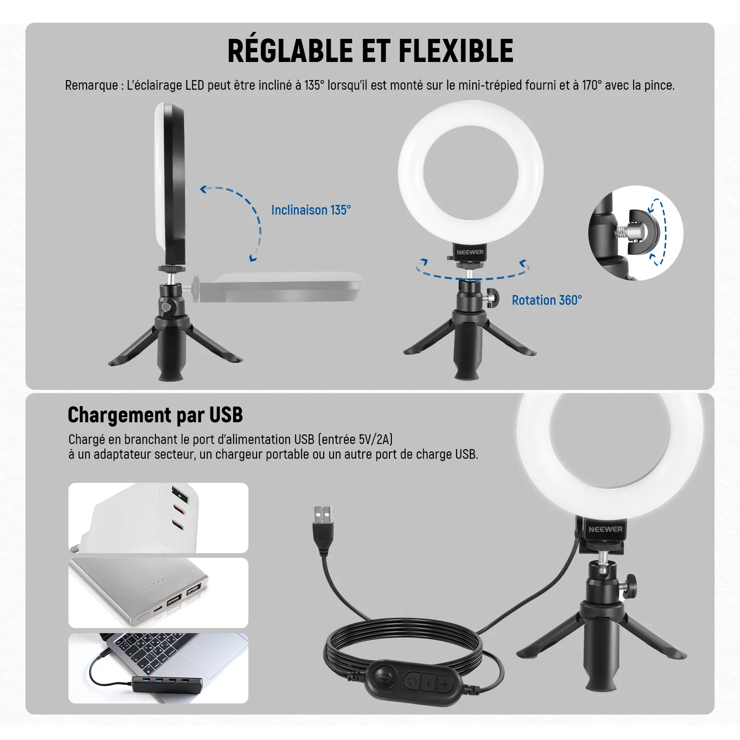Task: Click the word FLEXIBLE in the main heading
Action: [x=456, y=50]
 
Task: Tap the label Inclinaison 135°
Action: [x=311, y=210]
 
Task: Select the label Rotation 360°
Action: [x=547, y=300]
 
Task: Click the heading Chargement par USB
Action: [x=155, y=415]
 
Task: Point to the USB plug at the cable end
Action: [x=323, y=527]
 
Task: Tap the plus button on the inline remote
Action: [x=445, y=684]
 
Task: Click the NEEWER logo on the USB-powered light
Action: [x=605, y=529]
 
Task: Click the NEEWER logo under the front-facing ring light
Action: [x=470, y=252]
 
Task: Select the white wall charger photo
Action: [x=158, y=518]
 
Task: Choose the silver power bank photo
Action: [x=158, y=593]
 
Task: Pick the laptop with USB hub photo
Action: [x=158, y=668]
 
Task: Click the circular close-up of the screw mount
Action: [x=636, y=233]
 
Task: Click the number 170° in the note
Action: [x=592, y=85]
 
